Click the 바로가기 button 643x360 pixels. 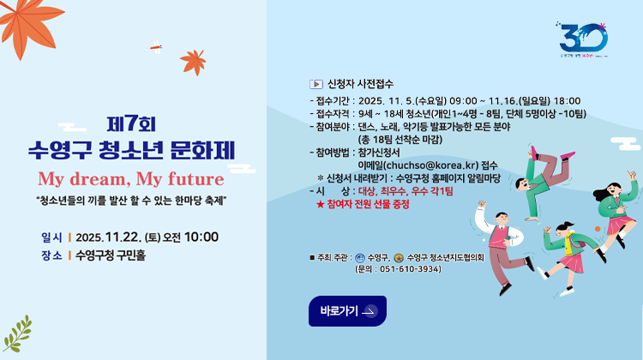point(347,311)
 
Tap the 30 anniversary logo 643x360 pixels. point(583,39)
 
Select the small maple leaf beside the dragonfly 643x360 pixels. point(192,61)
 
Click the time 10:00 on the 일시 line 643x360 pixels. point(201,237)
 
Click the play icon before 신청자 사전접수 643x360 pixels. point(315,84)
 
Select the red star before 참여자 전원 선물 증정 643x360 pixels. point(320,204)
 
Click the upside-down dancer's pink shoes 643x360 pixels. point(534,156)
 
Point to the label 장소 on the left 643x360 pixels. point(51,255)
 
